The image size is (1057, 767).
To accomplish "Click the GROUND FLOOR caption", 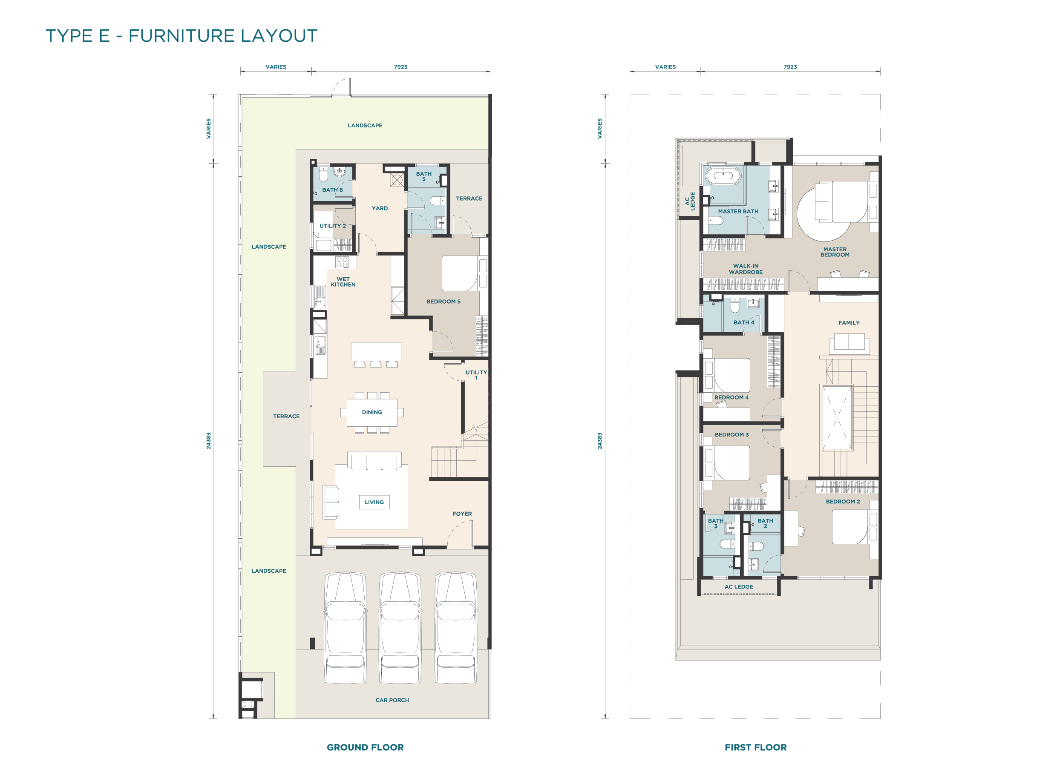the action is pos(365,747).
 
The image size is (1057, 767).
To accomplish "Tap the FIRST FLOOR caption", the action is pos(755,747).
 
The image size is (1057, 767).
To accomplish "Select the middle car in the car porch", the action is pos(400,628).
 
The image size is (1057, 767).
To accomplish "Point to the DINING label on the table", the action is pos(372,412).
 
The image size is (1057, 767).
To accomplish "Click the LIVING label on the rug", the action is pos(374,503).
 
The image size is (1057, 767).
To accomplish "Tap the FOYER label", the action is pos(462,514).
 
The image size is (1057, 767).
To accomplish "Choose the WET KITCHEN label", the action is pos(343,282).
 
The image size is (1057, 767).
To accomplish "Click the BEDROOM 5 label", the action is pos(443,302).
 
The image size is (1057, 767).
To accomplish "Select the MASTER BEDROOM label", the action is pos(835,252).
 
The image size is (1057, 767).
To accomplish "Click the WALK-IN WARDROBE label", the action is pos(746,269).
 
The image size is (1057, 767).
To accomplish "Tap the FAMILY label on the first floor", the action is pos(849,322).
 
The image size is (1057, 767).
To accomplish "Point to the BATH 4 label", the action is pos(744,322).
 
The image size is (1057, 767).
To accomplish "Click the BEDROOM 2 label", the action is pos(843,501).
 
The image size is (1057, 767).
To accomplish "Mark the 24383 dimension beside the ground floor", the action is pos(209,441).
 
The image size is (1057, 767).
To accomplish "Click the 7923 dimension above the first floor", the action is pos(790,66).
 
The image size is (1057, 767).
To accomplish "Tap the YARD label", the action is pos(380,208).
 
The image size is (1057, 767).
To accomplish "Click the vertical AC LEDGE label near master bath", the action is pos(690,201).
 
